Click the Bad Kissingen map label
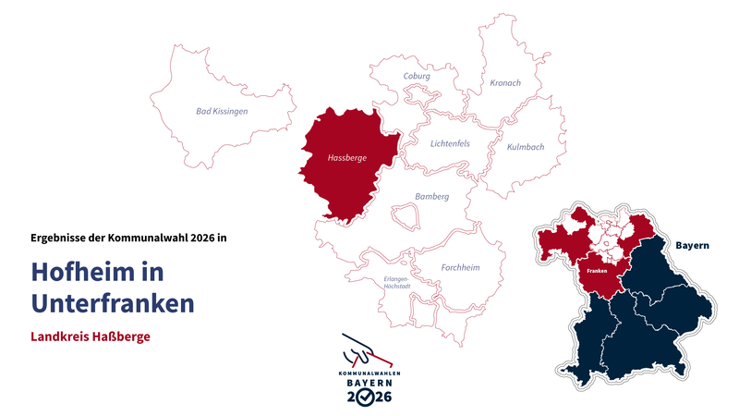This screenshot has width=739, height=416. point(222,111)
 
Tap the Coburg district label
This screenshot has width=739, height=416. point(417,77)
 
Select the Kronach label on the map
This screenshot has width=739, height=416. point(505,83)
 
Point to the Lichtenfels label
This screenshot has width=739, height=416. point(450,143)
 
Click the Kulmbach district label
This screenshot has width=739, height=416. point(526,147)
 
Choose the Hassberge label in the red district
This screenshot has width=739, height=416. point(347,158)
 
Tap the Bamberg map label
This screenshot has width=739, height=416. point(431,196)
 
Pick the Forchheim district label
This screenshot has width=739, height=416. point(461,268)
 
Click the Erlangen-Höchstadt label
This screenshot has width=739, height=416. point(395,283)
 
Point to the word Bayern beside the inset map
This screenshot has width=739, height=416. point(692,245)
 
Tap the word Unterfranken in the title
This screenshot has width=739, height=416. point(112,302)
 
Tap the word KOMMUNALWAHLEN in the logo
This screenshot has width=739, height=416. point(369,372)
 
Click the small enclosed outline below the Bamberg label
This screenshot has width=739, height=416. point(406,215)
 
